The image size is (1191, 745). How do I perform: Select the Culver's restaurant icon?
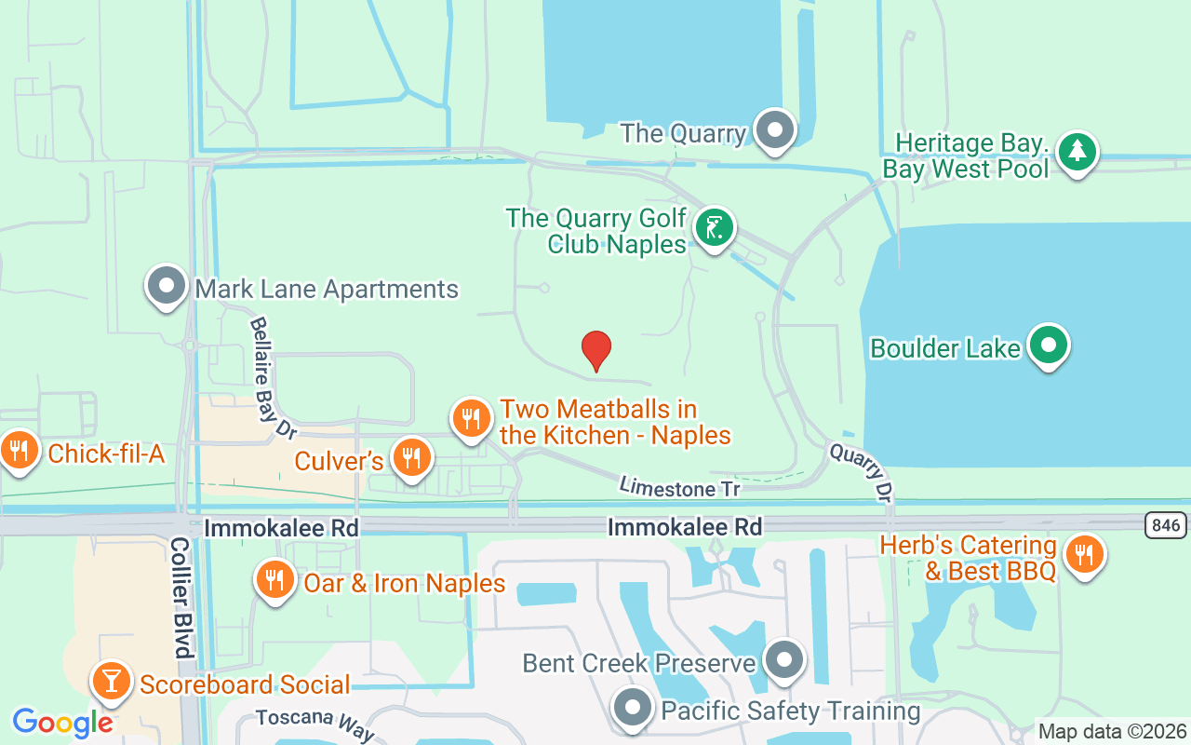(x=410, y=457)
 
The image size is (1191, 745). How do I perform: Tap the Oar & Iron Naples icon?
(x=274, y=580)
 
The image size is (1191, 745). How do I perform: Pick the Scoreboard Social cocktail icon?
(x=112, y=683)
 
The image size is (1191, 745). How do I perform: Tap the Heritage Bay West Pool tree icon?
(x=1077, y=151)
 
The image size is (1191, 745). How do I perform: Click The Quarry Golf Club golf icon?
(x=714, y=227)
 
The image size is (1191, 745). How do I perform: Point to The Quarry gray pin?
(x=774, y=130)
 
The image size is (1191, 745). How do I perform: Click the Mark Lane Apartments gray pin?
(x=167, y=286)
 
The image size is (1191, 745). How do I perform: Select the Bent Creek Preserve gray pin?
(x=784, y=660)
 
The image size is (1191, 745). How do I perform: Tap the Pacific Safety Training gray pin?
(x=635, y=708)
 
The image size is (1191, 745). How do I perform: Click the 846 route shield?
(x=1165, y=526)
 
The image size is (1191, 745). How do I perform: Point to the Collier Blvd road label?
(x=181, y=597)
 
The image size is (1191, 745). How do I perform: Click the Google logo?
(x=62, y=723)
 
